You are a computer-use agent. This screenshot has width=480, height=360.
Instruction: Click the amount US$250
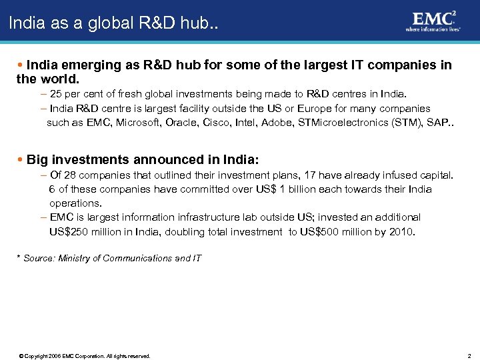click(x=69, y=232)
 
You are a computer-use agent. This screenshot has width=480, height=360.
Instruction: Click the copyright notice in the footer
click(x=85, y=356)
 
